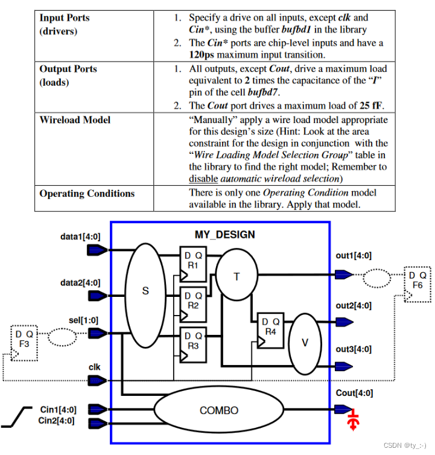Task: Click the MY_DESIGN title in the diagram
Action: pos(224,235)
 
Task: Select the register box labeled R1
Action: pos(193,264)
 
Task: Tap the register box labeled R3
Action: pos(193,345)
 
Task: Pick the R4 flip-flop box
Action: pos(270,331)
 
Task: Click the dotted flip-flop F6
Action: pos(418,284)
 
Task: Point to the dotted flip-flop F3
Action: pos(24,343)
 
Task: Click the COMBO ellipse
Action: pos(219,410)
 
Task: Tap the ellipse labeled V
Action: pos(305,343)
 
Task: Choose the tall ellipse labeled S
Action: pos(145,296)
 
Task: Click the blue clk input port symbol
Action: pos(97,380)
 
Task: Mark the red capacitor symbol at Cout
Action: pos(353,419)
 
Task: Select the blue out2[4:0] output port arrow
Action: pos(344,322)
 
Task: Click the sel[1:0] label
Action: pos(84,320)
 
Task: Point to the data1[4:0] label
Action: pos(80,237)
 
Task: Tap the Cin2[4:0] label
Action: pos(56,421)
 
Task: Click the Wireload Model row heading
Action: pos(75,120)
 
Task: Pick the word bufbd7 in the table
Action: pos(263,92)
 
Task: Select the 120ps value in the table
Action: pos(202,55)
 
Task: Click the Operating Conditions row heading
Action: pos(87,194)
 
